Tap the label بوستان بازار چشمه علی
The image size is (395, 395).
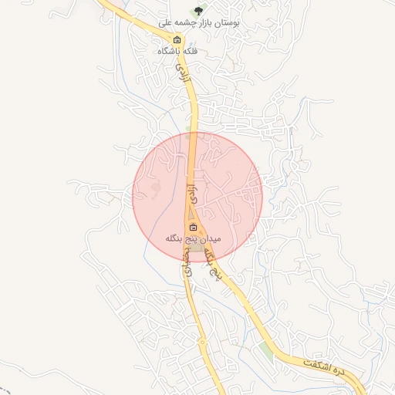[200, 25]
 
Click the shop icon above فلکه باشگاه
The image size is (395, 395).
[177, 40]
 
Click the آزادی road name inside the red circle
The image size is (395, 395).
[193, 191]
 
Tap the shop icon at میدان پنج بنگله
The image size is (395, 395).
[193, 228]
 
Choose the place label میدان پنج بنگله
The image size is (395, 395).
[193, 239]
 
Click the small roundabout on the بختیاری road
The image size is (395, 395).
[202, 340]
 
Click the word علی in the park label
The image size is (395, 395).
[165, 25]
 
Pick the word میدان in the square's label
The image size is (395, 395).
[211, 239]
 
